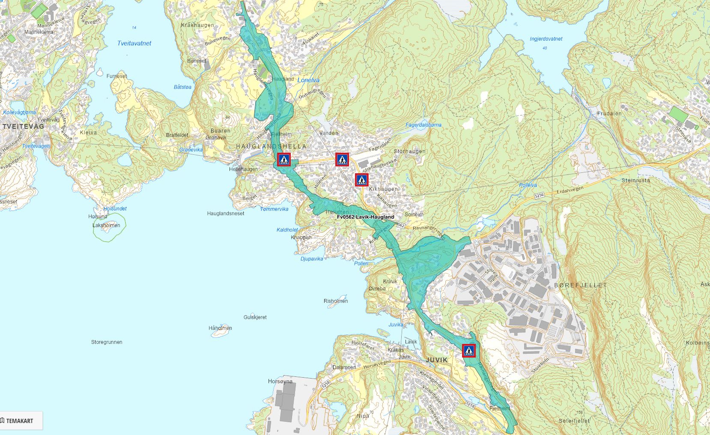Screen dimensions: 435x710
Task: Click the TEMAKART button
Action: tap(18, 421)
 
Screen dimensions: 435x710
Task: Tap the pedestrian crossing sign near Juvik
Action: tap(469, 351)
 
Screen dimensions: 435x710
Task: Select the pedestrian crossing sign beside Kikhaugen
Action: tap(362, 180)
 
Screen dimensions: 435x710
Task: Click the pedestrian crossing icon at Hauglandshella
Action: tap(284, 160)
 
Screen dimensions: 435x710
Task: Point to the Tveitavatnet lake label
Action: tap(134, 43)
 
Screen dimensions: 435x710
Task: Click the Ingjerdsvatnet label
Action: tap(546, 39)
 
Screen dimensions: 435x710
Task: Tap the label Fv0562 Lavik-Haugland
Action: tap(365, 217)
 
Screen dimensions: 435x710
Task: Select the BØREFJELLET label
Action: tap(580, 285)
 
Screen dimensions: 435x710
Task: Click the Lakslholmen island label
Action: tap(106, 225)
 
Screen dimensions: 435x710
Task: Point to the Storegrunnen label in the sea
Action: tap(107, 342)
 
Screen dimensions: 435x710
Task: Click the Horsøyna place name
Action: tap(280, 381)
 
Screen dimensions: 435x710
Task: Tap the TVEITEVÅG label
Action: tap(23, 127)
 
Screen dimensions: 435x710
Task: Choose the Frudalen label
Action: tap(609, 114)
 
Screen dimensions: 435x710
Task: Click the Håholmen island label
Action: tap(220, 328)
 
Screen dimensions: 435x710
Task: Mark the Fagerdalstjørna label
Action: tap(423, 125)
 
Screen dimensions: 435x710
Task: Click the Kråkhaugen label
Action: tap(197, 25)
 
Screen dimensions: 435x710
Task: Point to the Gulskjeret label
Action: tap(255, 317)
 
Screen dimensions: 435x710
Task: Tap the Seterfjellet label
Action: tap(574, 421)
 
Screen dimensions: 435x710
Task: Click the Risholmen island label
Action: tap(335, 301)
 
